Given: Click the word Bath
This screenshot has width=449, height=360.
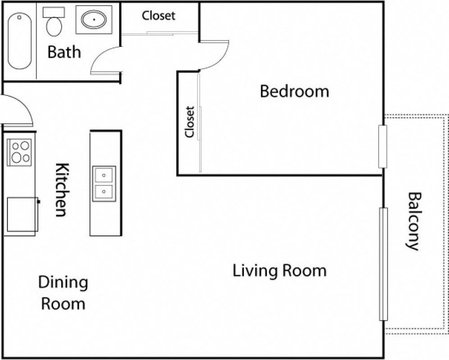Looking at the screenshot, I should point(64,52).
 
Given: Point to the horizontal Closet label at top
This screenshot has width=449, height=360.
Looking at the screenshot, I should point(159,15).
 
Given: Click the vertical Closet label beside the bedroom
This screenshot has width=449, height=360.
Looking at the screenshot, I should point(189,122).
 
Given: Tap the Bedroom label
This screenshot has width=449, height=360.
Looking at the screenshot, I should point(295,91).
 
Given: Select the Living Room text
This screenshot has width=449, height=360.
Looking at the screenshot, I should point(279,271).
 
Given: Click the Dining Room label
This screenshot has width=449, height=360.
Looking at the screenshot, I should point(63,293).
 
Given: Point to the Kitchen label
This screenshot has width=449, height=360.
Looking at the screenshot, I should point(62,189).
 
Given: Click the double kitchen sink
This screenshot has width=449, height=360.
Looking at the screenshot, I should point(104,183).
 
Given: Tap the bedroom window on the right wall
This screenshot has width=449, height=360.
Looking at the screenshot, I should point(382,146).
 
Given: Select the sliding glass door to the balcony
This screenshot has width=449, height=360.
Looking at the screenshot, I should point(383,264).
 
